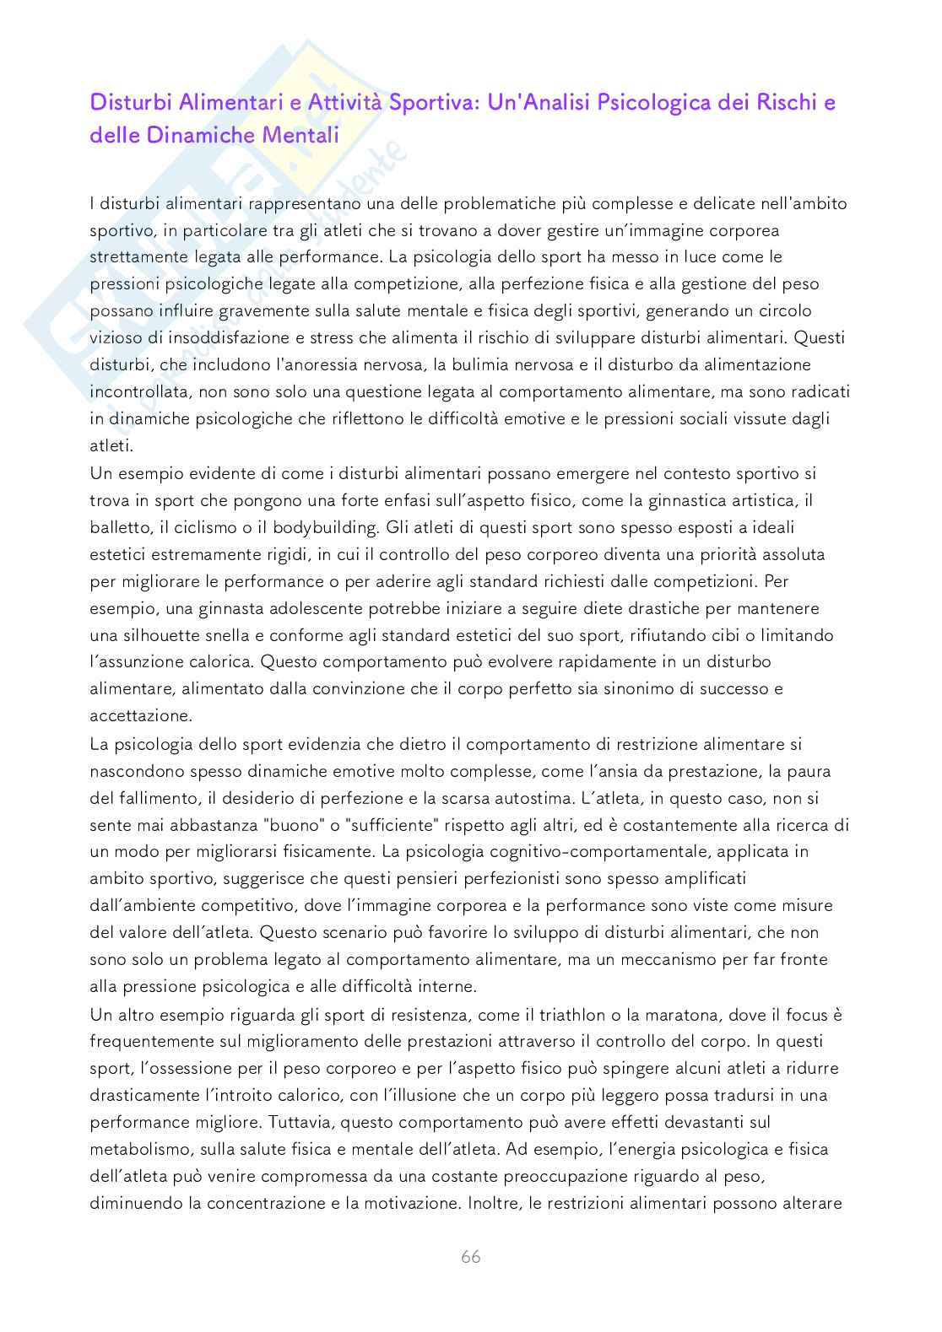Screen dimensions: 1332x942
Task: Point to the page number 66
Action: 470,1257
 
